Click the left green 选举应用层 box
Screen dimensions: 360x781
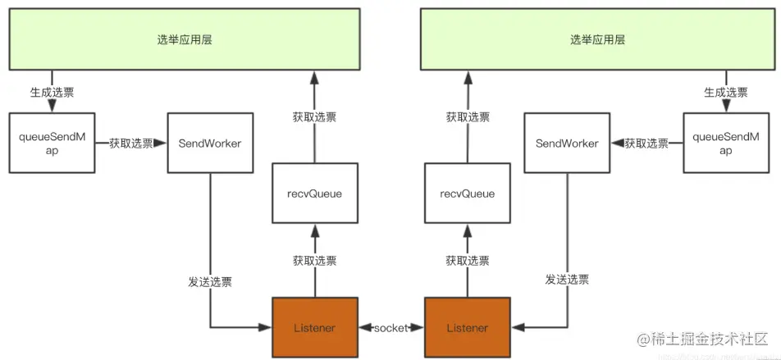[185, 39]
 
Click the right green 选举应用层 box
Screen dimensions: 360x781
[597, 39]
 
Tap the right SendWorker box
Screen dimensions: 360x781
[567, 143]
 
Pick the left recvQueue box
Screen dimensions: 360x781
[315, 194]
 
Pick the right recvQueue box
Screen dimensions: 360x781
[467, 194]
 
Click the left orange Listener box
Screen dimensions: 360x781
[315, 328]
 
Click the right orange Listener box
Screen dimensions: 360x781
[467, 328]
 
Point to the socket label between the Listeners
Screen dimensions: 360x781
[391, 328]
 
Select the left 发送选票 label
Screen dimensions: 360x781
[210, 281]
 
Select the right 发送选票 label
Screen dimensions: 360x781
[567, 279]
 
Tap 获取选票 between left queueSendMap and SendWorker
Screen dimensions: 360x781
[131, 144]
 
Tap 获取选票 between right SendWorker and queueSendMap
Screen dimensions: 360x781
[646, 144]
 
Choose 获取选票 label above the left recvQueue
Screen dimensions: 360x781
[315, 116]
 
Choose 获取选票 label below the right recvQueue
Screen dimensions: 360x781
[468, 261]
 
